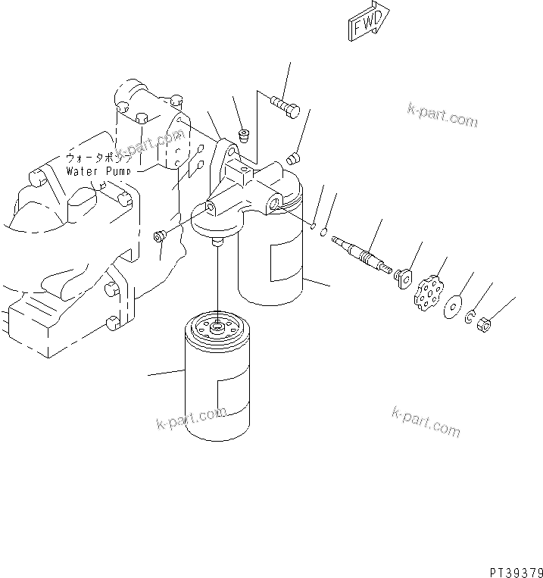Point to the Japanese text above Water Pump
coord(98,158)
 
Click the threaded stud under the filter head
coord(218,242)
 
